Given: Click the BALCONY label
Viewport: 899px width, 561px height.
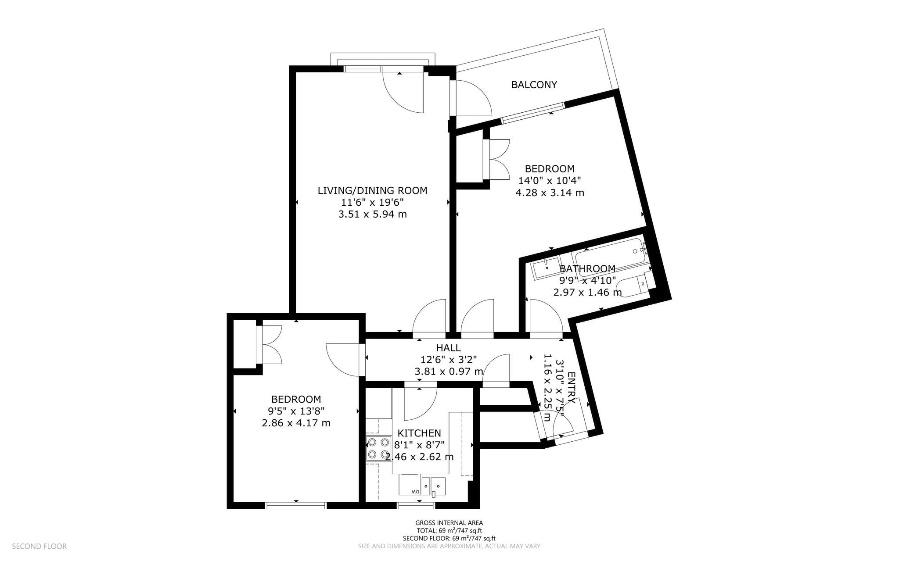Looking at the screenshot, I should [534, 85].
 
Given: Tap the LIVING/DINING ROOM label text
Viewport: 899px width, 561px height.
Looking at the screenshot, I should [372, 190].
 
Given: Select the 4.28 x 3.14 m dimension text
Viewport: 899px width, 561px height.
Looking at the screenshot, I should [550, 193].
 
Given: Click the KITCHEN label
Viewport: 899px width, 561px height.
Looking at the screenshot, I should [419, 433].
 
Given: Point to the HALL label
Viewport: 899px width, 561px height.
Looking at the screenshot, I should [448, 348].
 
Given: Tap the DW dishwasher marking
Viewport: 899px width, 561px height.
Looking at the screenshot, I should [414, 492].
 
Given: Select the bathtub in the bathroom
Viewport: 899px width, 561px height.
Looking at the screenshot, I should [612, 258].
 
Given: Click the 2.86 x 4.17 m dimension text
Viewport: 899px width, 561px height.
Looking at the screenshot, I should [296, 423].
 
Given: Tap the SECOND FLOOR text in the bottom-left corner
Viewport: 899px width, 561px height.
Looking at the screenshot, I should [39, 546].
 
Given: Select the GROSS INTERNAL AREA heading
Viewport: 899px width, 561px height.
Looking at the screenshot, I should [449, 522].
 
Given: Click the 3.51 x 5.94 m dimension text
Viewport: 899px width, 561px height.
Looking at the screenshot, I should [372, 214].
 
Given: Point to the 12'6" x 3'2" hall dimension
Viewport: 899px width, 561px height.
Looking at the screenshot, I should [448, 360].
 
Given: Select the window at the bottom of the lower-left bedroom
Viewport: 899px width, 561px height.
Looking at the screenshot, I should [296, 505].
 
